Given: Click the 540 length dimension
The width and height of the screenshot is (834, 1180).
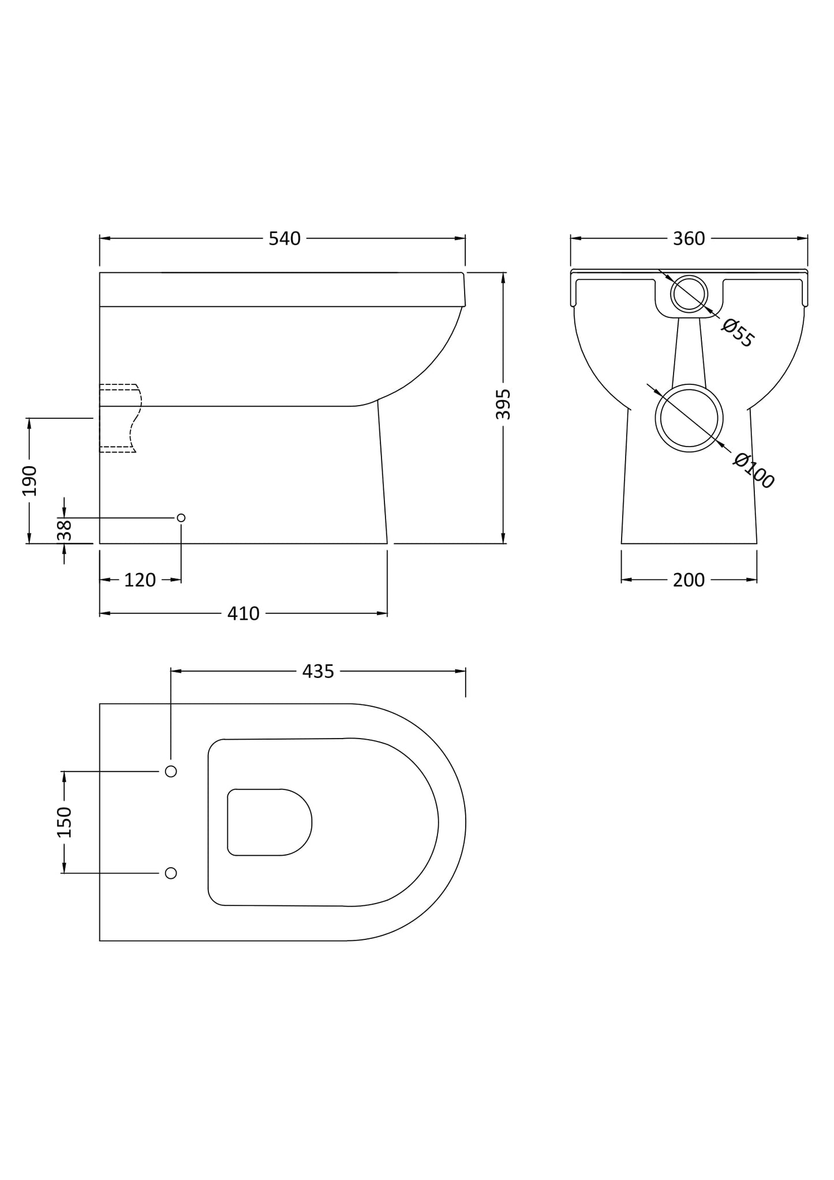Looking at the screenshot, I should (285, 238).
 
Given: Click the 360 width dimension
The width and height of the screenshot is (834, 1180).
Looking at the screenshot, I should (689, 238).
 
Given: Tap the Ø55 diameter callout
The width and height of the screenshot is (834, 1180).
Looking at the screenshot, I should (738, 333).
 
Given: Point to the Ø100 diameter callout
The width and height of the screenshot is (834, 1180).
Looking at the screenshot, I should (753, 471).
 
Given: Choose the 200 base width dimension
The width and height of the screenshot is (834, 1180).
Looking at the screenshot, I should (689, 580).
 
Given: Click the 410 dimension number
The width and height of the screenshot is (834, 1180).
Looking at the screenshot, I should (243, 613).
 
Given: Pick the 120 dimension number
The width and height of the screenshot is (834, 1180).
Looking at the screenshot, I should (140, 580).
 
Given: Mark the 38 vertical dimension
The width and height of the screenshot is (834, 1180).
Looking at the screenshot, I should (65, 530).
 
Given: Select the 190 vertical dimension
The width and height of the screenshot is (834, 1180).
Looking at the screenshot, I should (29, 480).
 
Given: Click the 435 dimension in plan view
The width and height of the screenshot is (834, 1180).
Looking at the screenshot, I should (318, 671).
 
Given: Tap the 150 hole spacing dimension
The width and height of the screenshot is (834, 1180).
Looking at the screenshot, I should (64, 822).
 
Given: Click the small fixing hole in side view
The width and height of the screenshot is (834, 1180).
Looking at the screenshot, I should (181, 518).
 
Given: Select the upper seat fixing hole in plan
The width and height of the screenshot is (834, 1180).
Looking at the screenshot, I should (171, 771).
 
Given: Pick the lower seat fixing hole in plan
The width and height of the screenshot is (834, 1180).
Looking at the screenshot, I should (171, 873).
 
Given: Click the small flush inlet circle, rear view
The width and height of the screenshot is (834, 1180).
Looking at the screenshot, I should (689, 294).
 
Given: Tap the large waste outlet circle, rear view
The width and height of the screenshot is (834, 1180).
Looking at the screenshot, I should (689, 418).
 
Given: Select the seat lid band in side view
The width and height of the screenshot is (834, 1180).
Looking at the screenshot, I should (282, 289).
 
